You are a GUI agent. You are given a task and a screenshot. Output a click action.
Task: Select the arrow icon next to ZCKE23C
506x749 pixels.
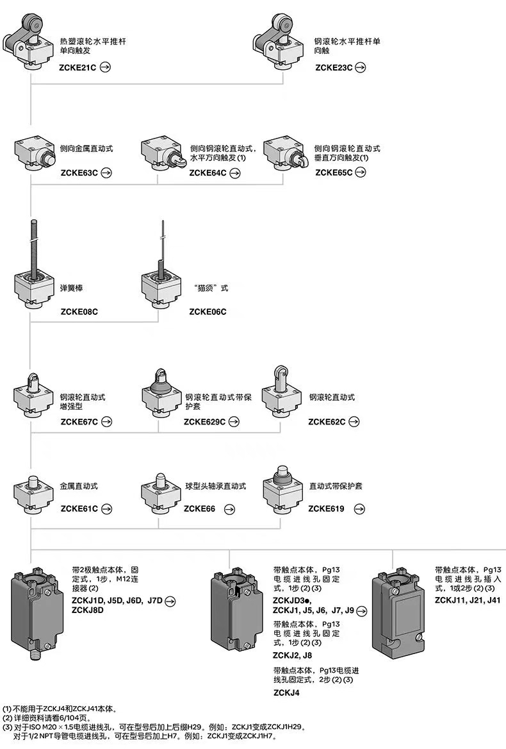[x=361, y=67]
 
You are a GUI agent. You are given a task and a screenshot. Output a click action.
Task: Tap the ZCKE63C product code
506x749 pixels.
[x=79, y=173]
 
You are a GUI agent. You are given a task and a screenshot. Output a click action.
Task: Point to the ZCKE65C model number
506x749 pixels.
[x=334, y=173]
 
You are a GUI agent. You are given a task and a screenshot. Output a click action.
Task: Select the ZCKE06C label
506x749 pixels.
[x=208, y=312]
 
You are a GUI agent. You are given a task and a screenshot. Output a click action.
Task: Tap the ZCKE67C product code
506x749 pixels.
[x=79, y=422]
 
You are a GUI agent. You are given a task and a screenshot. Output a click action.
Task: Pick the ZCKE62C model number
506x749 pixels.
[x=327, y=422]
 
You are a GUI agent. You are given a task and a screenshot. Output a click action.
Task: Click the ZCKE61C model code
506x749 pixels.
[x=79, y=509]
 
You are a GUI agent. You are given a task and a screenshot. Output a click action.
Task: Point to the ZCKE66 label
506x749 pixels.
[x=199, y=509]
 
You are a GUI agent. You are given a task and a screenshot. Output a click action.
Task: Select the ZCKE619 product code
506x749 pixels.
[x=326, y=509]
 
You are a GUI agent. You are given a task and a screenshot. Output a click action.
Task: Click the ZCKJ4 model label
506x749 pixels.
[x=286, y=693]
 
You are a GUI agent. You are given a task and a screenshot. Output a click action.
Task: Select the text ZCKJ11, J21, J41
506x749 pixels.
[x=467, y=600]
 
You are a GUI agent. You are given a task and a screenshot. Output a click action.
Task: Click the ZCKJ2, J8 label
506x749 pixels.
[x=293, y=655]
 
